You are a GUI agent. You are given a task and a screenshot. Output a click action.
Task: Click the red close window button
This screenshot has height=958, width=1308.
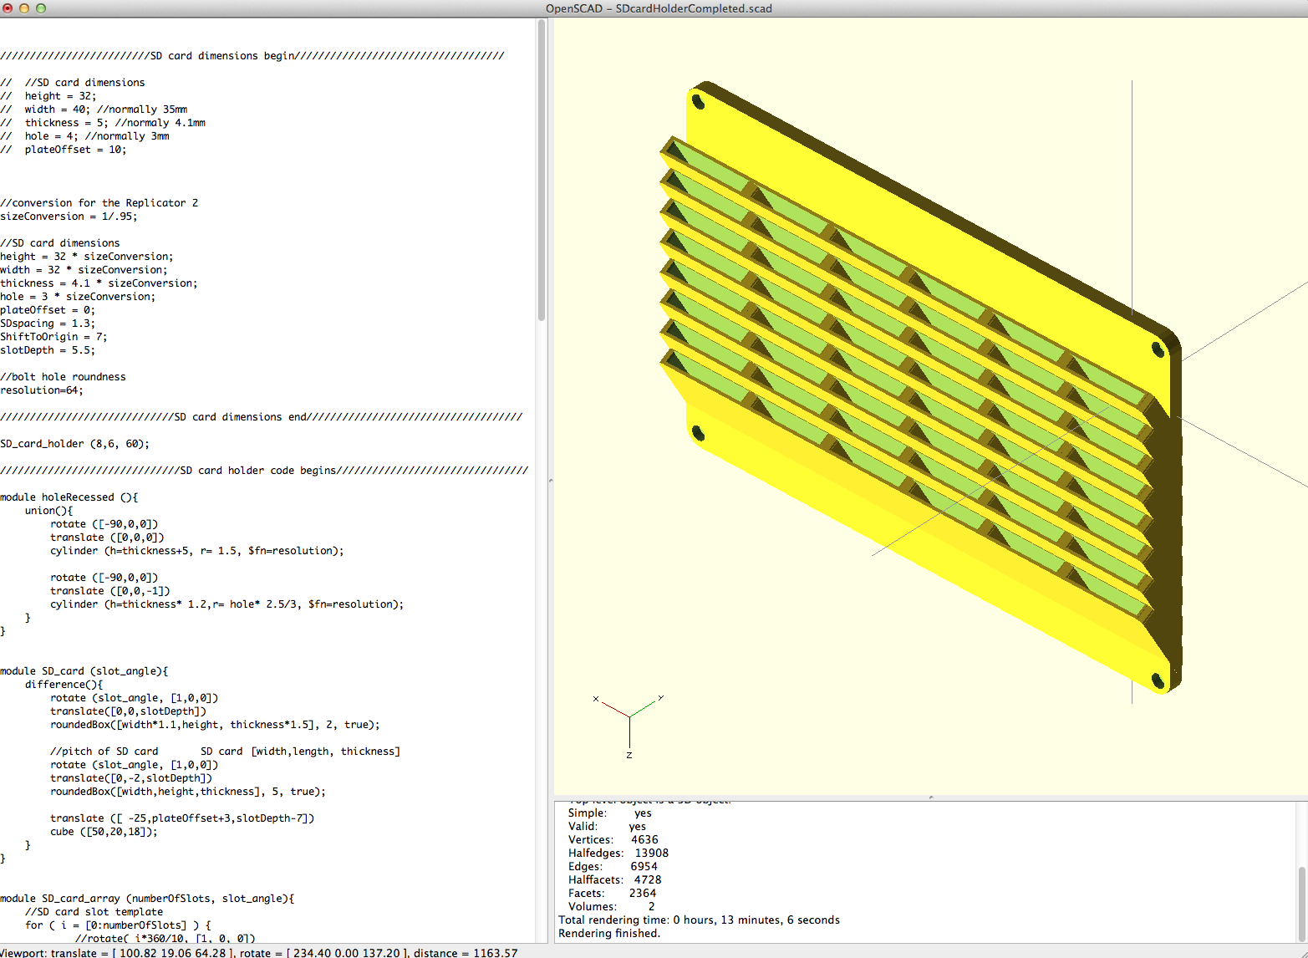click(8, 8)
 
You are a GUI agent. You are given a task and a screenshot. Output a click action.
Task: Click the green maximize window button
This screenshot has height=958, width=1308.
click(41, 8)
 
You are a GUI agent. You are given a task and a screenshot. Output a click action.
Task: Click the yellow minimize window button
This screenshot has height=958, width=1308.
click(24, 8)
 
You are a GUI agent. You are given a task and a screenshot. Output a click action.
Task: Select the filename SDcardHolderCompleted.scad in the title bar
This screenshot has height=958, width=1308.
click(694, 8)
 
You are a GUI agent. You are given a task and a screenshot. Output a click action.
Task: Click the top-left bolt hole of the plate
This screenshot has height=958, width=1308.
click(698, 102)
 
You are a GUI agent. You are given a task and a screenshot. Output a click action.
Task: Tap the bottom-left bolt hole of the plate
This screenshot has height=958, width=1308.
click(697, 433)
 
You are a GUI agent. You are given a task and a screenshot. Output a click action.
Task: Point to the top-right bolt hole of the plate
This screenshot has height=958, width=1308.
click(1158, 349)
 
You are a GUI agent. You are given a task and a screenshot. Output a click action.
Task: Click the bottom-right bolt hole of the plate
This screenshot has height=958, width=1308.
click(1158, 680)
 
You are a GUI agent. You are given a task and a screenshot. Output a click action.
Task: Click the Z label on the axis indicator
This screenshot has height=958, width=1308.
click(629, 756)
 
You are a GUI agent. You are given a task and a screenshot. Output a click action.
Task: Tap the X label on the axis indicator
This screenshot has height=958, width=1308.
click(596, 699)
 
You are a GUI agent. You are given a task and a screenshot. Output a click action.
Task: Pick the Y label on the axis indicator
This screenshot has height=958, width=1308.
click(661, 697)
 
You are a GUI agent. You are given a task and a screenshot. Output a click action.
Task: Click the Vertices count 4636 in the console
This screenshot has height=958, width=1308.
click(644, 839)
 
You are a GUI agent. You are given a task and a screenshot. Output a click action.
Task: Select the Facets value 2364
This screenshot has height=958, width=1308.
click(643, 893)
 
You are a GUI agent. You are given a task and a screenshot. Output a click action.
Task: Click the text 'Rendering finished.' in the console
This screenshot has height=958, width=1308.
click(609, 934)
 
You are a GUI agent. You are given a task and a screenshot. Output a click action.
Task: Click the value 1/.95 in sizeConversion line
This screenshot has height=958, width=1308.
click(120, 217)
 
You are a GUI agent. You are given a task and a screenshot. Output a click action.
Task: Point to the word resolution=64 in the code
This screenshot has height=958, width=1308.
click(42, 390)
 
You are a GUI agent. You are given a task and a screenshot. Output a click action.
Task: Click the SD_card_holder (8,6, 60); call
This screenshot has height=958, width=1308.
click(74, 444)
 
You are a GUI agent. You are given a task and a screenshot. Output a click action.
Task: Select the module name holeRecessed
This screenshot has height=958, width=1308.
click(78, 497)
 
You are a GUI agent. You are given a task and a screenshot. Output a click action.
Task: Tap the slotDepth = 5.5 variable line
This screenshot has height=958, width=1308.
click(48, 350)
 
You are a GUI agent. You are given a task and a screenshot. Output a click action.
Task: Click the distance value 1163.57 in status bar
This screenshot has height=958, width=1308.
click(495, 953)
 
